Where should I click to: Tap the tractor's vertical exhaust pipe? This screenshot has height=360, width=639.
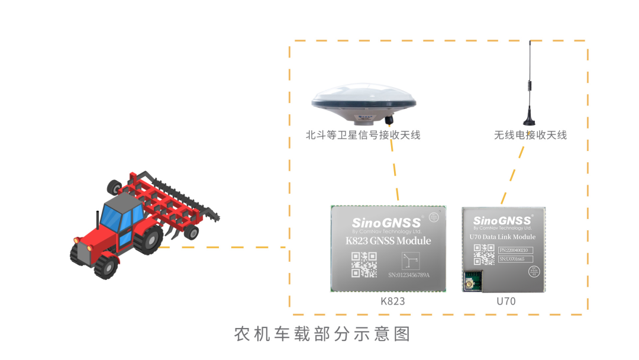(x=98, y=223)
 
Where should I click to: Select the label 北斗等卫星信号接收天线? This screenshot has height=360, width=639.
(x=363, y=135)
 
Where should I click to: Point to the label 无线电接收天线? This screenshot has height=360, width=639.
(x=530, y=135)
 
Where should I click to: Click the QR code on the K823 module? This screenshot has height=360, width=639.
(x=364, y=265)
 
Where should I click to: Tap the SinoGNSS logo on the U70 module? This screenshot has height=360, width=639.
(x=502, y=220)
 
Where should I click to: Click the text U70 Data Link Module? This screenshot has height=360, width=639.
(x=502, y=237)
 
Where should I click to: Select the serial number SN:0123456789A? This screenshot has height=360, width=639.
(x=408, y=275)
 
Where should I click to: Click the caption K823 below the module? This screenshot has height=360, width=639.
(x=392, y=301)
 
